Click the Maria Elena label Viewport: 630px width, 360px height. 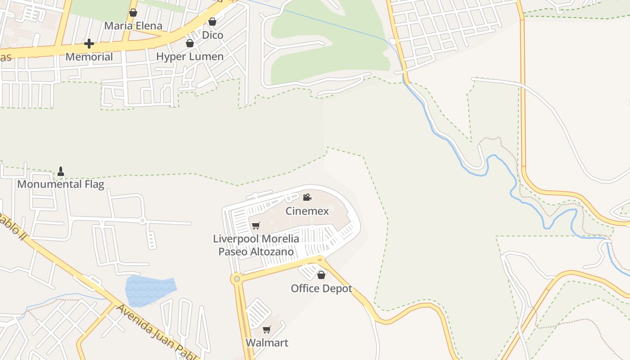(x=133, y=26)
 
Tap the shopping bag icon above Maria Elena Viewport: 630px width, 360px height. (x=133, y=13)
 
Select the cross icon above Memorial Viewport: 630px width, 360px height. (x=89, y=44)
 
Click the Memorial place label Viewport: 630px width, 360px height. (x=89, y=57)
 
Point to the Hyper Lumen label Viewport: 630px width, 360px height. (x=190, y=57)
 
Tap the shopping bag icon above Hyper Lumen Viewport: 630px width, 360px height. (x=190, y=43)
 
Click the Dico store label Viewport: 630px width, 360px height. (x=212, y=35)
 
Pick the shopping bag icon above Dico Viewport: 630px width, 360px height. (x=212, y=22)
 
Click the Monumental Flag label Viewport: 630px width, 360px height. (x=61, y=184)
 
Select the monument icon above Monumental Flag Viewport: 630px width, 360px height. (x=61, y=171)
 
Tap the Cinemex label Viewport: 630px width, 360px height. (x=307, y=211)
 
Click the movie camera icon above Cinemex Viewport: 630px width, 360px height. (x=307, y=197)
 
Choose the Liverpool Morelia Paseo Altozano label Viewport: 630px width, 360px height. (x=256, y=245)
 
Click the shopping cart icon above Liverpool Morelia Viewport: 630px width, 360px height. (x=256, y=225)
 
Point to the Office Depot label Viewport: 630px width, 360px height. (x=321, y=288)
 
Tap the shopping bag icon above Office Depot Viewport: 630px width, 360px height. (x=321, y=275)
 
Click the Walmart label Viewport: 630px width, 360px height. (x=267, y=342)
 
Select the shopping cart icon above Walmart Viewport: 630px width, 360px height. (x=267, y=329)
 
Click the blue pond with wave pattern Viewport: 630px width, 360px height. (x=150, y=286)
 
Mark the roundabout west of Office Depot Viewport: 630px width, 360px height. (x=237, y=279)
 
